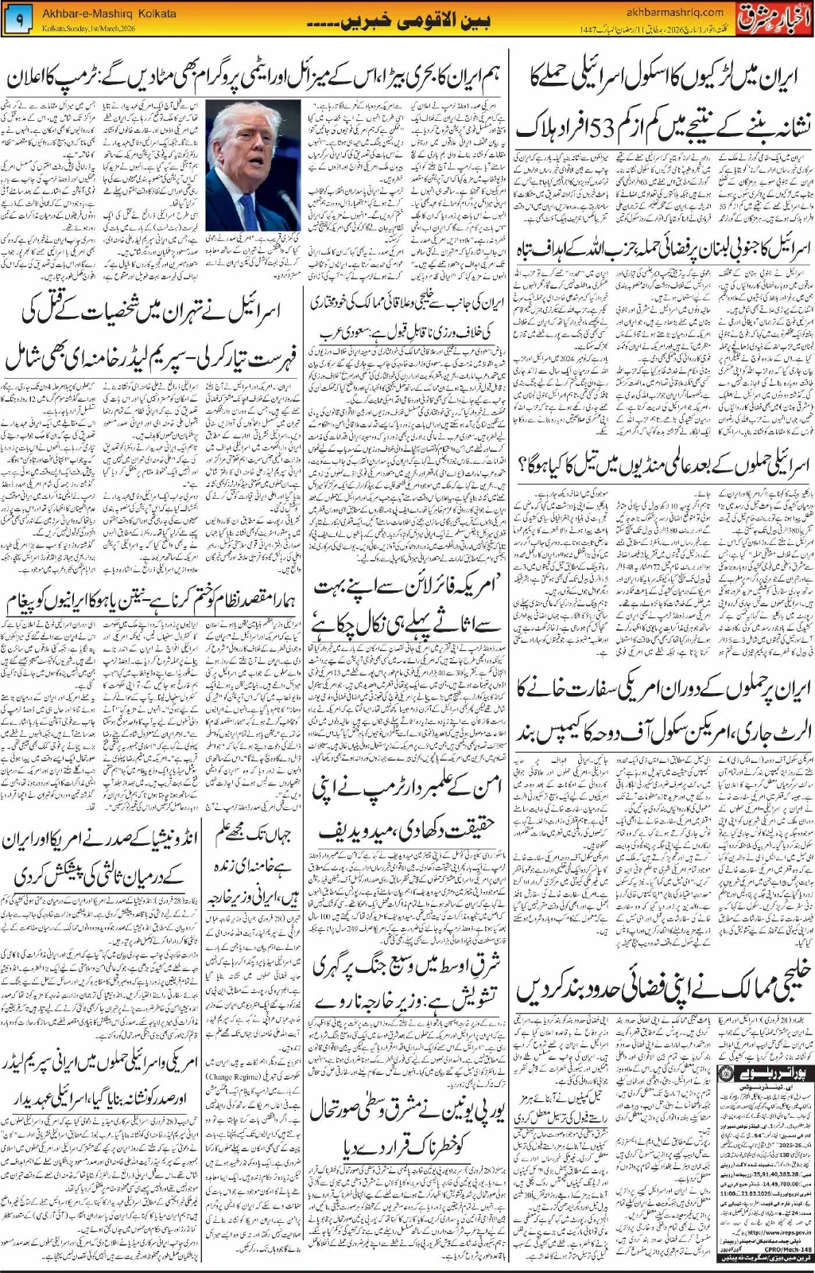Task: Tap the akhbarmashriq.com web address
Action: [674, 12]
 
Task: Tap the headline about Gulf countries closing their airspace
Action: [664, 991]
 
